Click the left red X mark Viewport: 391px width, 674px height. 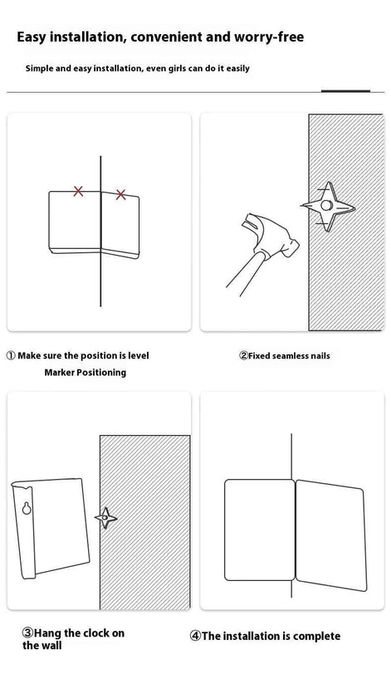(78, 191)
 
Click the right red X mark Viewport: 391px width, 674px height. (120, 195)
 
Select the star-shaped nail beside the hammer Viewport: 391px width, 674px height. (328, 207)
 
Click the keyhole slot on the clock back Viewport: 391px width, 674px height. (27, 508)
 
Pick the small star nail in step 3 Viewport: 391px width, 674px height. (105, 518)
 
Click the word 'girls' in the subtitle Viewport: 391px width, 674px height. (177, 68)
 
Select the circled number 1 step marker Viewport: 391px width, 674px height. (11, 356)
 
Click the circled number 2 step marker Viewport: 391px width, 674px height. (243, 355)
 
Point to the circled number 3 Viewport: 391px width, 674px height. (27, 632)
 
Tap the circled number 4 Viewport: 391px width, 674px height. (195, 636)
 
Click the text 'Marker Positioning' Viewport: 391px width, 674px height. (85, 372)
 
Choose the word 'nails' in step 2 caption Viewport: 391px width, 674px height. (319, 356)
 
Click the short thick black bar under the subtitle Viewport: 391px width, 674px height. (345, 91)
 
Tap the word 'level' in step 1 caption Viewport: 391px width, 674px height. (139, 355)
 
